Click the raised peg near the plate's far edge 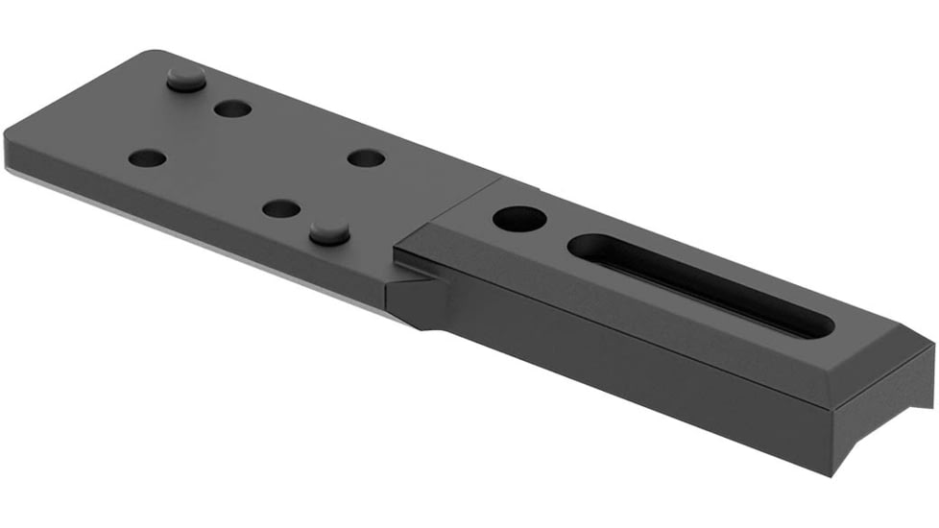pos(186,79)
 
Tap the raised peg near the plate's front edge pos(329,230)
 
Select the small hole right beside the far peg pos(232,108)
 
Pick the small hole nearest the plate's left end pos(147,157)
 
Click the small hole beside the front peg pos(281,208)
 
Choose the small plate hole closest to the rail pos(366,157)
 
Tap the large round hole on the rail pos(519,218)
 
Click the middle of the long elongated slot pos(701,284)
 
